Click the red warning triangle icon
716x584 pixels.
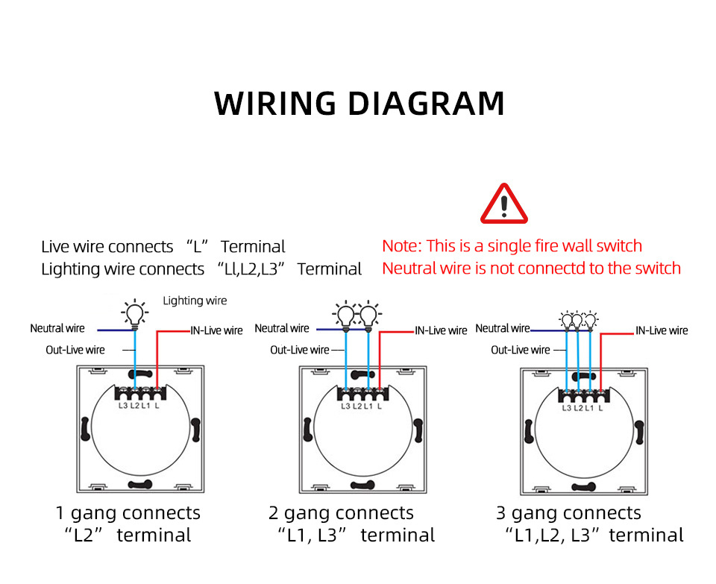click(x=504, y=204)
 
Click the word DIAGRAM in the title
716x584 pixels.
click(x=427, y=103)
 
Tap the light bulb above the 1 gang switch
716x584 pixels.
click(x=134, y=314)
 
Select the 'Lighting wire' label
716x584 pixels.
click(x=195, y=301)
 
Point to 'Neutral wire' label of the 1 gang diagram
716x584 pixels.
click(x=57, y=328)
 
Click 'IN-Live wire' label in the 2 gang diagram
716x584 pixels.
click(x=441, y=330)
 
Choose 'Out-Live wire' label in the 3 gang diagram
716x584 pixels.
click(x=521, y=351)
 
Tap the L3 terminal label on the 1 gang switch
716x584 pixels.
click(x=123, y=406)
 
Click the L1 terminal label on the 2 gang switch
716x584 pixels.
click(x=368, y=406)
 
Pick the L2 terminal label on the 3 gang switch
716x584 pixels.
click(x=578, y=408)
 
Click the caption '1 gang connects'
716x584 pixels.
click(x=128, y=512)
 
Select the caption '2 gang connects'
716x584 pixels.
click(x=341, y=512)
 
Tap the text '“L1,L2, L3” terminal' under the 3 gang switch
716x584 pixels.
click(x=594, y=535)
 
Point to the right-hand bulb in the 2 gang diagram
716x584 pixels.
click(x=368, y=315)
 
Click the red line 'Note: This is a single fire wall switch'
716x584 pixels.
click(x=512, y=246)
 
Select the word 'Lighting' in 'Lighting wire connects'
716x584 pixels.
click(x=71, y=269)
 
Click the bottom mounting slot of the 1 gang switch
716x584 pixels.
click(x=139, y=485)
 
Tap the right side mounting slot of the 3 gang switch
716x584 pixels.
click(x=639, y=433)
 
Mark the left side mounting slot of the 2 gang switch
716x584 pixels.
click(x=307, y=430)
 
